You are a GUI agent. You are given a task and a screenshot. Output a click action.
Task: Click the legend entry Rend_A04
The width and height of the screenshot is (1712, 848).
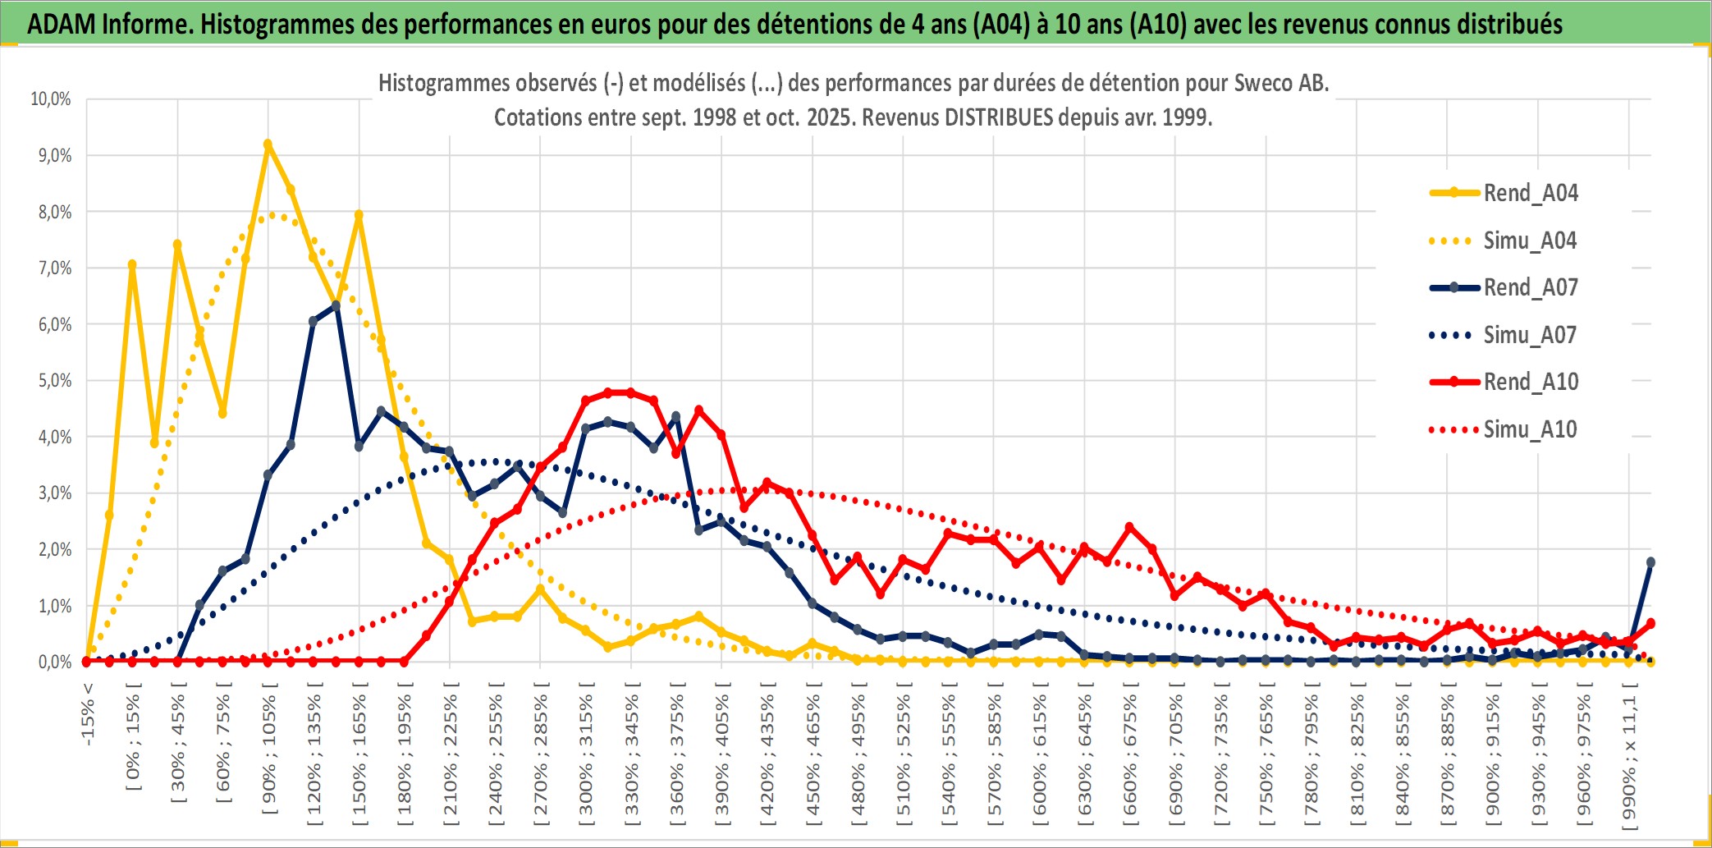point(1530,193)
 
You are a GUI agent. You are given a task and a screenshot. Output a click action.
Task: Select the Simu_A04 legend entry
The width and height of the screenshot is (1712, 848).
point(1530,241)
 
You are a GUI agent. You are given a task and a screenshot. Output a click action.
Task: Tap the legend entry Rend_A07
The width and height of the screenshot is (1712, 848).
point(1530,287)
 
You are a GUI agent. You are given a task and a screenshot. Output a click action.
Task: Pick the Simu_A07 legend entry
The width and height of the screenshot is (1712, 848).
point(1530,335)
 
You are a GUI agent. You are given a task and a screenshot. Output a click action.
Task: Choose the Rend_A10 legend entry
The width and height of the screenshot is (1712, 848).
point(1530,382)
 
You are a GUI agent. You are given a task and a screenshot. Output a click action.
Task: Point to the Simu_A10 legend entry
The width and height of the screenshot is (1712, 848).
point(1530,429)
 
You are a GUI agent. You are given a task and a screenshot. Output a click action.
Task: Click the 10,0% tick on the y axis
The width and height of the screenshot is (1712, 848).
point(51,99)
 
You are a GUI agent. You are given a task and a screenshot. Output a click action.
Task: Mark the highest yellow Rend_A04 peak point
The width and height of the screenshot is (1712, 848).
point(268,144)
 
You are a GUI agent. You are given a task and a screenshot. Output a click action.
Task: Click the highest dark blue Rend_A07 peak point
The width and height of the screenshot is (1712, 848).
point(336,306)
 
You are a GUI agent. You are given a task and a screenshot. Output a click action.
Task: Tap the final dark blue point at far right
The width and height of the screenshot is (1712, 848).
point(1650,562)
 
